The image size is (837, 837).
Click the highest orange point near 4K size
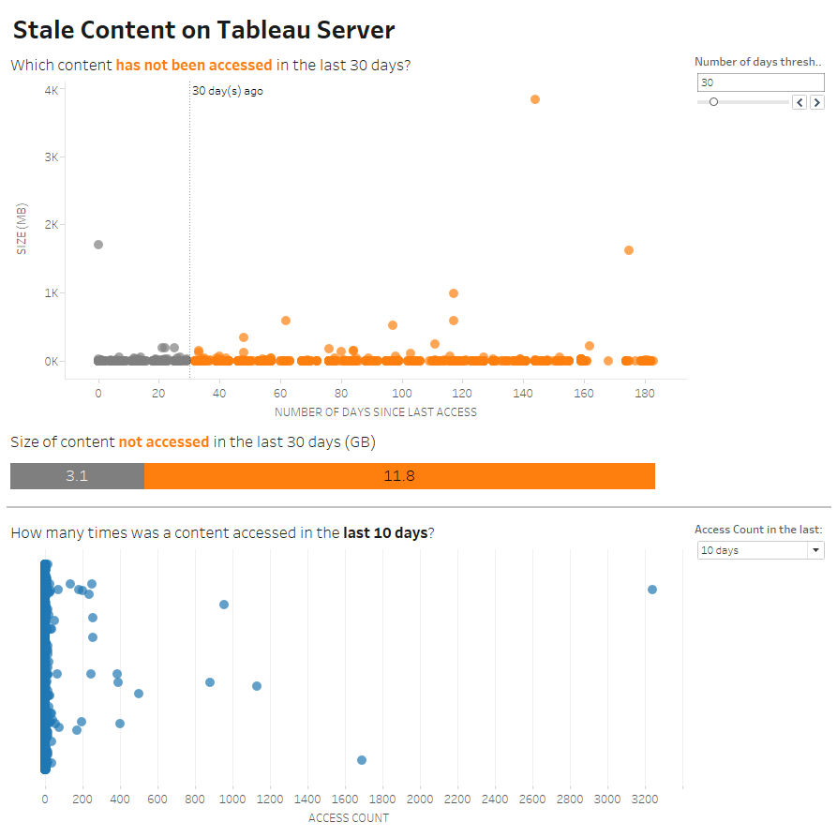click(x=535, y=99)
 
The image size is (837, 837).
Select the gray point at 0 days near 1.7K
click(x=98, y=245)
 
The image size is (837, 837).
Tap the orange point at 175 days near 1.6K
click(x=629, y=250)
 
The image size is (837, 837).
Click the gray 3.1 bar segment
click(x=77, y=476)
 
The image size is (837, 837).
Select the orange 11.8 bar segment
click(x=399, y=476)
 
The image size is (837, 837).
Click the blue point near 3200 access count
click(x=652, y=590)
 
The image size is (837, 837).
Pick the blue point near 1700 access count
click(x=362, y=760)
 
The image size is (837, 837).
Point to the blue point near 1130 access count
click(x=257, y=686)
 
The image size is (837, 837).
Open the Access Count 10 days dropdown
click(x=760, y=550)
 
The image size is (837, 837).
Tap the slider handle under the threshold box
click(x=713, y=102)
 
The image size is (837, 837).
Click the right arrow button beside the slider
click(x=816, y=102)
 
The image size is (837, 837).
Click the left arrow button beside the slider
click(x=800, y=102)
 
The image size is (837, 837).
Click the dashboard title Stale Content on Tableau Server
click(x=203, y=30)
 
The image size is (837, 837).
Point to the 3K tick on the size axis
click(x=52, y=157)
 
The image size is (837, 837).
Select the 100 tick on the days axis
click(x=402, y=396)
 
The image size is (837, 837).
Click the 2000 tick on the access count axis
click(x=420, y=800)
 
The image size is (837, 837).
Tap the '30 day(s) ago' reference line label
click(x=228, y=91)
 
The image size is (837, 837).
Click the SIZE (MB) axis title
click(x=22, y=229)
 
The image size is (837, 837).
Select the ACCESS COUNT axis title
click(x=349, y=818)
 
